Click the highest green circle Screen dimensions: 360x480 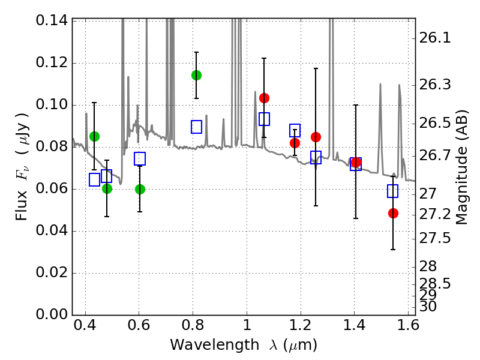(x=196, y=75)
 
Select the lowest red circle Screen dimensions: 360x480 (x=393, y=213)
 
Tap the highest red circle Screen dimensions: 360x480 (x=264, y=98)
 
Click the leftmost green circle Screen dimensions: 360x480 (x=94, y=136)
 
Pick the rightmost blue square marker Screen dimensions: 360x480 (x=393, y=191)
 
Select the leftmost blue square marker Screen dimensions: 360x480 (x=94, y=179)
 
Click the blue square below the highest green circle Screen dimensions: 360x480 (x=196, y=127)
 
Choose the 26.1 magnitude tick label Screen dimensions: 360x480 (x=435, y=38)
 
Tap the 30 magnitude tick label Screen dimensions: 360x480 (x=428, y=306)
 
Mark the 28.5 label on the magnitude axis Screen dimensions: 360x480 (x=435, y=283)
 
